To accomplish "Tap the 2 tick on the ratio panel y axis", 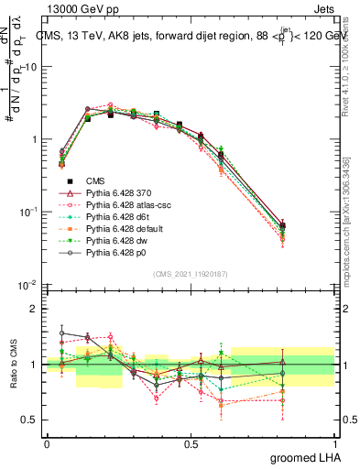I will pos(32,309).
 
